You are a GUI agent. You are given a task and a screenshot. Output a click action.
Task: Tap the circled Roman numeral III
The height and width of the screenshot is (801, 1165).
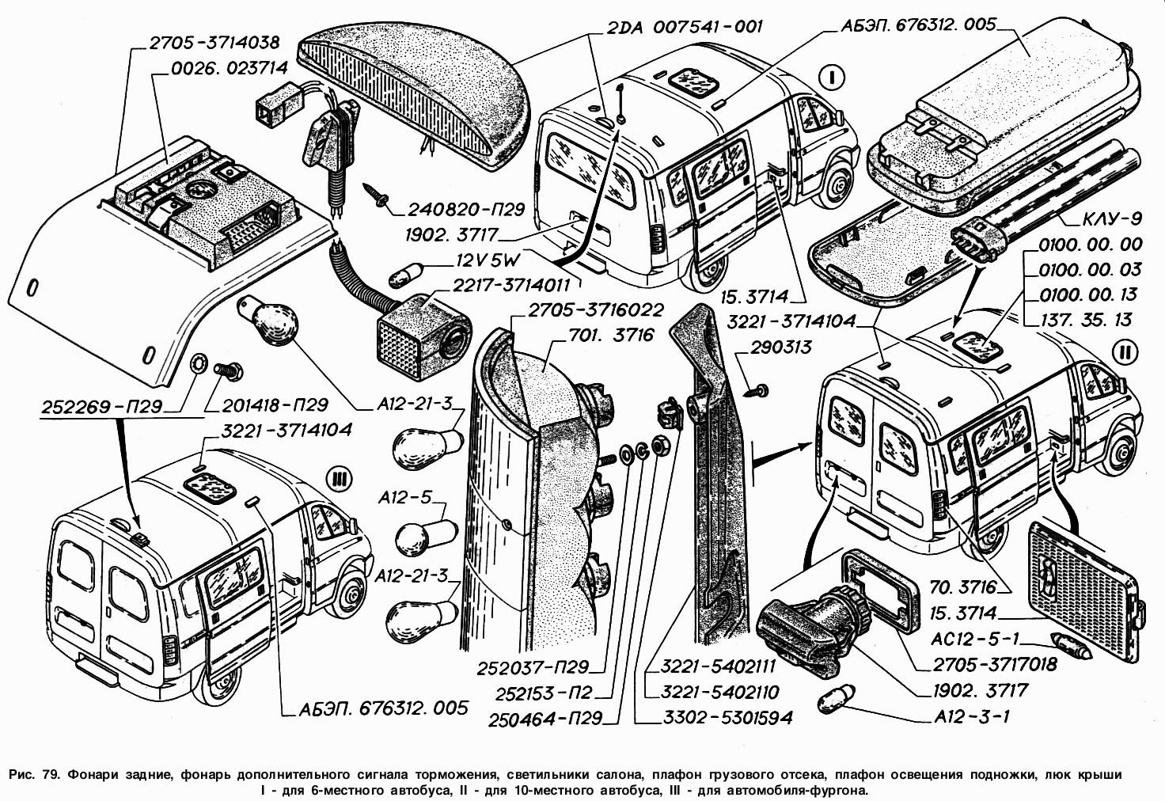click(x=338, y=479)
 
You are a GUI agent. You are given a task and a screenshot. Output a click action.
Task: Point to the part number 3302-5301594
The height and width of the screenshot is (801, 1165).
click(x=718, y=718)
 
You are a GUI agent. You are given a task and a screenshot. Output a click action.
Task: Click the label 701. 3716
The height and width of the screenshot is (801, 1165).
click(x=612, y=336)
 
